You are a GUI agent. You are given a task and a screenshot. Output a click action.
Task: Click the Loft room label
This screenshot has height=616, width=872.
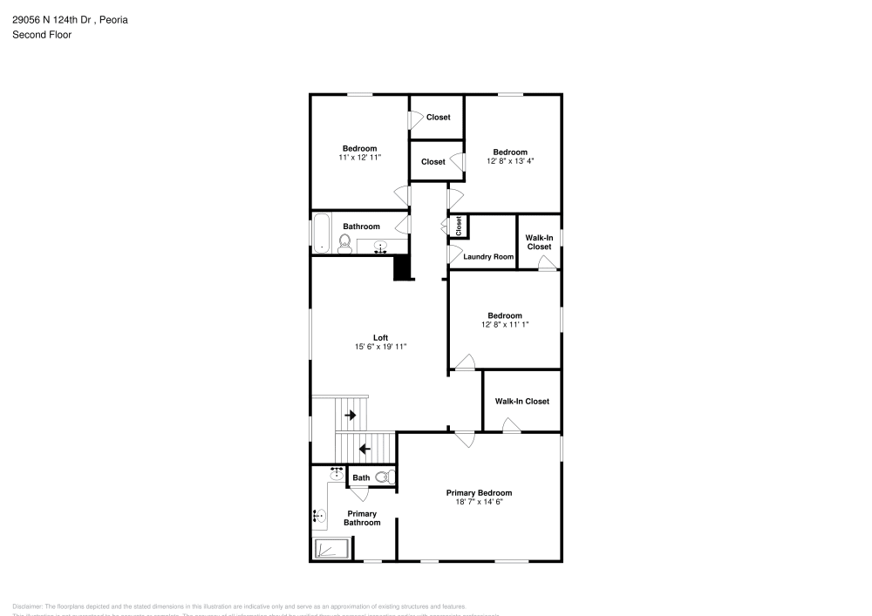pos(380,337)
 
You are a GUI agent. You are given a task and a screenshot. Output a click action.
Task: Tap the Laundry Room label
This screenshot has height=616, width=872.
pos(488,257)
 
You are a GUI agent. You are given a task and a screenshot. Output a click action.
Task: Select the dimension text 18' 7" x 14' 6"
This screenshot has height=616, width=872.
pos(479,502)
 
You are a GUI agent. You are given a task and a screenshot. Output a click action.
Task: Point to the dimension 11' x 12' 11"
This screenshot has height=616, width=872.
pos(359,157)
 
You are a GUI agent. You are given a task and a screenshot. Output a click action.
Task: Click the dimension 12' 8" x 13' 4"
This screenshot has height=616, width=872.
pos(510,160)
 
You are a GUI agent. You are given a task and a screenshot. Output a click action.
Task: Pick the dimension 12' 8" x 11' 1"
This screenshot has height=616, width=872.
pos(505,324)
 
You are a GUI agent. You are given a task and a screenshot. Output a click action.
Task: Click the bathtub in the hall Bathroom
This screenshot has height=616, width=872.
pos(322,233)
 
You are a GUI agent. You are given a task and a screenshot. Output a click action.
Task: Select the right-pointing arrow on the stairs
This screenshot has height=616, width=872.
pos(351,416)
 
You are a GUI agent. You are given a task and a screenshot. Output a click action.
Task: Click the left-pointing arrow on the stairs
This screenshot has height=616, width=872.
pos(364,449)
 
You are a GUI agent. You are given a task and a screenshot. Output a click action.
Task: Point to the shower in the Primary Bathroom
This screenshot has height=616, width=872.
pos(331,548)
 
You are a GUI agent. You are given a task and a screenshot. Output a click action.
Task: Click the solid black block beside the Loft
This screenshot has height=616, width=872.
pos(402,267)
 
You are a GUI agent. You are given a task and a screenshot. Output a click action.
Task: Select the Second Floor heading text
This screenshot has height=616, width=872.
pos(42,35)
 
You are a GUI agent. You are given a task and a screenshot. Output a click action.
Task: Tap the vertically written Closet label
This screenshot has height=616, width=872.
pos(459,226)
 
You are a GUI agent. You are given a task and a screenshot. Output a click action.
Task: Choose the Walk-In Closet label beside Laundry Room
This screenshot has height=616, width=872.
pos(539,241)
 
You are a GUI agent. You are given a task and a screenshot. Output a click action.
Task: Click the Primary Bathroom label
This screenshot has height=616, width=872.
pos(361,518)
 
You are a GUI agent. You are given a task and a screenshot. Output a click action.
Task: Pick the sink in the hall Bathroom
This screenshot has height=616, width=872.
pos(381,247)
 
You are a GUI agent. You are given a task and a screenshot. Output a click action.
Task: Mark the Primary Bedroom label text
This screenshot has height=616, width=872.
pos(479,492)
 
